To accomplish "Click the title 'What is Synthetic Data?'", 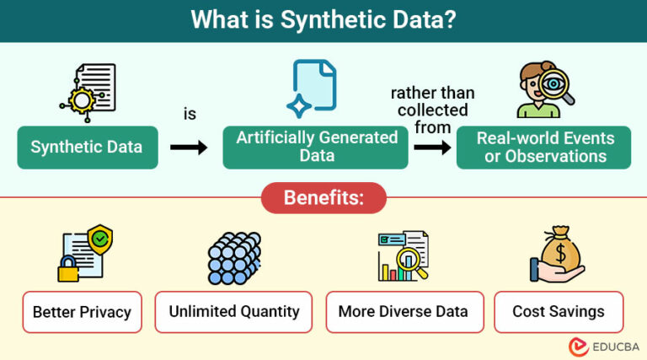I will (x=323, y=20).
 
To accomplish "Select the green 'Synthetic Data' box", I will (x=87, y=147).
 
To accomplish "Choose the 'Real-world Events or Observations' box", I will (x=544, y=147).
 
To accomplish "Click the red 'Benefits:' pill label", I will (x=323, y=198).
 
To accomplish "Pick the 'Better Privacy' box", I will (x=82, y=312).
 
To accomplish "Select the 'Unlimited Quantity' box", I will (x=233, y=311).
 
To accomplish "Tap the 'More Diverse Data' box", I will (x=403, y=311).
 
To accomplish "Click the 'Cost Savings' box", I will (x=558, y=311).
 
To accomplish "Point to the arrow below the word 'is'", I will (x=189, y=147).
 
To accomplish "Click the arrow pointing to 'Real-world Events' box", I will (x=432, y=147).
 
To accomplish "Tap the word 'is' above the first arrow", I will (x=190, y=114).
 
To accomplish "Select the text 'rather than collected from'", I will (x=432, y=110).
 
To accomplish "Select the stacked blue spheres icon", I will (x=233, y=257).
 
